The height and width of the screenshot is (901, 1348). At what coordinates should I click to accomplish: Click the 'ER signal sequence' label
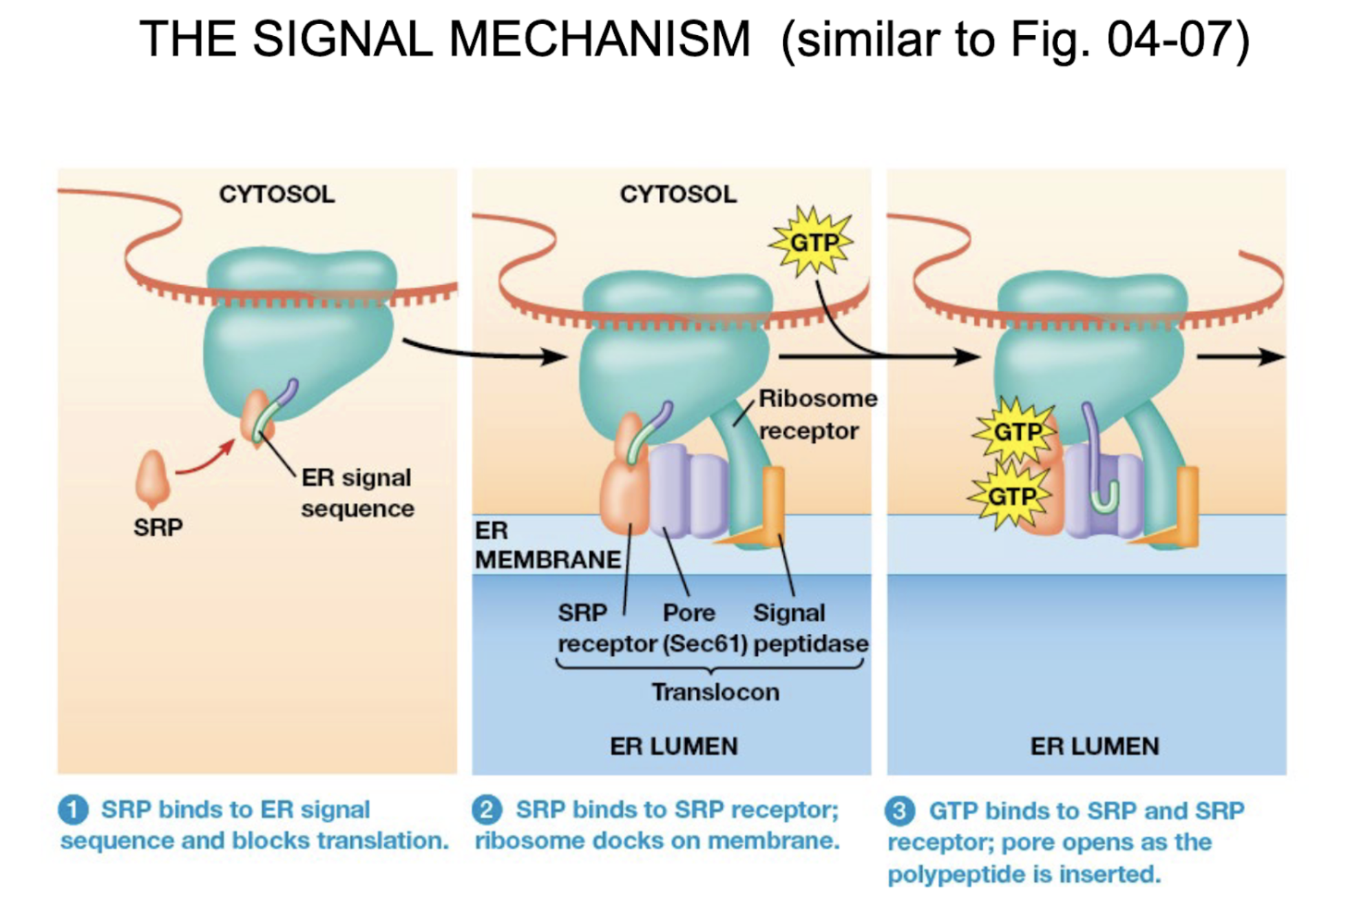click(357, 493)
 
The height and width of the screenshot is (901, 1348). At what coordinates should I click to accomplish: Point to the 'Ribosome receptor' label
click(817, 414)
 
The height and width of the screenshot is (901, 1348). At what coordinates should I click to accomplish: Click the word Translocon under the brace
click(715, 692)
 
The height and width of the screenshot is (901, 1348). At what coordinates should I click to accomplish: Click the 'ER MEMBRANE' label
click(547, 545)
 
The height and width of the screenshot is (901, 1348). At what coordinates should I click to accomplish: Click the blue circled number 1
click(74, 809)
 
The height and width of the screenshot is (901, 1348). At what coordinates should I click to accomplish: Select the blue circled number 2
click(487, 809)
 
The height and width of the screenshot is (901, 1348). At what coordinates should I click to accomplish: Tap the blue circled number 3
click(900, 811)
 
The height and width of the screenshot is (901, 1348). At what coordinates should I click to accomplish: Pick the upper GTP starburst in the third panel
click(1016, 432)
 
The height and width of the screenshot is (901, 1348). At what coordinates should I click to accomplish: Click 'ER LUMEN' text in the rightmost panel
click(1095, 746)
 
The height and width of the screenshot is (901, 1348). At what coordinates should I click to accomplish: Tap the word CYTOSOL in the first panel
click(277, 194)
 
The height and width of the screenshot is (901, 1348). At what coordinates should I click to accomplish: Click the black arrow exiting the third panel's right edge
click(1239, 357)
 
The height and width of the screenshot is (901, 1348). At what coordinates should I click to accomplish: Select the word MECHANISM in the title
click(599, 39)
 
